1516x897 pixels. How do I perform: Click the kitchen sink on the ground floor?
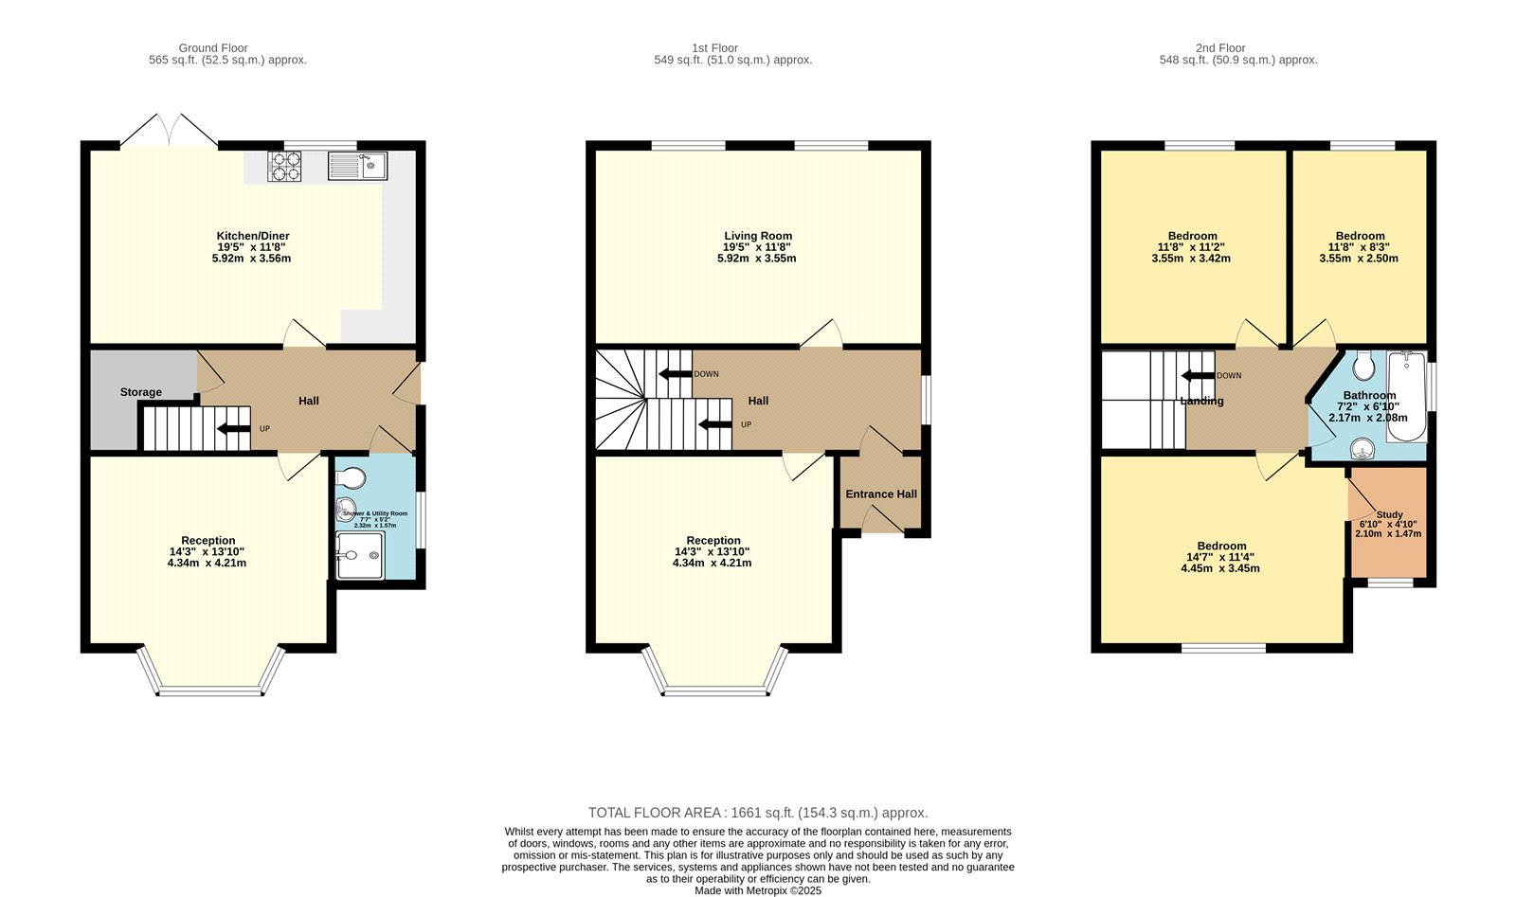tap(357, 166)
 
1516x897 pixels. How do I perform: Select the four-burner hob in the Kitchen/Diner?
tap(284, 166)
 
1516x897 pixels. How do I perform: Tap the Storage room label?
tap(140, 392)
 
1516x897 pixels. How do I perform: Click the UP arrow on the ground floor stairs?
tap(233, 429)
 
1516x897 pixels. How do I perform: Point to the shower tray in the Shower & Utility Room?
tap(360, 555)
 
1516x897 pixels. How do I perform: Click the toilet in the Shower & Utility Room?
tap(350, 476)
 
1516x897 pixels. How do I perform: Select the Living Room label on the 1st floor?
tap(758, 236)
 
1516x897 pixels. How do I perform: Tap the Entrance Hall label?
tap(881, 493)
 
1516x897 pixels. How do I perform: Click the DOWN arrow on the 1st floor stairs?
tap(675, 374)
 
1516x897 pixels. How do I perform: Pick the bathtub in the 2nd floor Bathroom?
tap(1406, 397)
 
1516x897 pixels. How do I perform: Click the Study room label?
tap(1389, 514)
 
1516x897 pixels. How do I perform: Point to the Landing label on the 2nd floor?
tap(1201, 401)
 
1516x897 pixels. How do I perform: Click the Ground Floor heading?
tap(213, 47)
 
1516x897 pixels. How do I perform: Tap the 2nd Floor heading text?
tap(1220, 47)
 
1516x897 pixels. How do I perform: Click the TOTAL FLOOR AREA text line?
tap(758, 813)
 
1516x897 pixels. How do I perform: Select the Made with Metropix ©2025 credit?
tap(758, 890)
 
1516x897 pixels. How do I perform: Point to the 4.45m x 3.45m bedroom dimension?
tap(1220, 568)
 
